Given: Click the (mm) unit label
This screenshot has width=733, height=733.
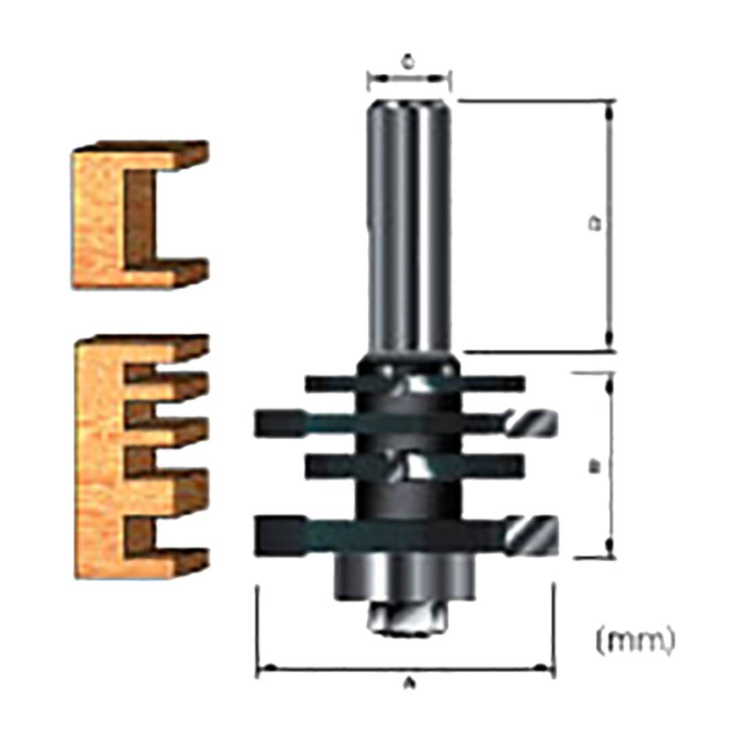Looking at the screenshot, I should pos(635,640).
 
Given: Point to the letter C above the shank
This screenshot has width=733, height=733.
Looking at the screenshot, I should pos(408,62).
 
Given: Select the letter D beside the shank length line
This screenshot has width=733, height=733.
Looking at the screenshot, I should pos(597,223).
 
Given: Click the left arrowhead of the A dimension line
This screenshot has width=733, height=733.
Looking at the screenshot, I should pos(265,669).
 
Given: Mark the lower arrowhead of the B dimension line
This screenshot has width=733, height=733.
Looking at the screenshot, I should pos(609,550).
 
